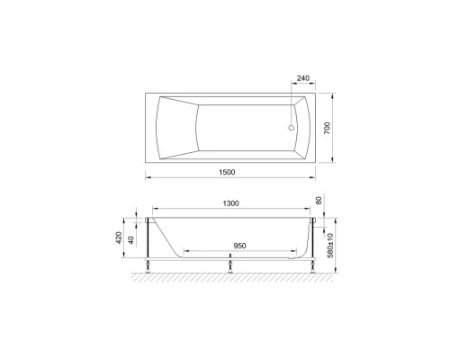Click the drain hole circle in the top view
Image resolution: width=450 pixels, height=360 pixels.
pyautogui.click(x=291, y=127)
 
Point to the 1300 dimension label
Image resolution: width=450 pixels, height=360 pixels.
pyautogui.click(x=230, y=204)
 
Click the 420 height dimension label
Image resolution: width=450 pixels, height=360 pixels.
pyautogui.click(x=121, y=239)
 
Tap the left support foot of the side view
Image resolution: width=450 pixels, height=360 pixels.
pyautogui.click(x=147, y=266)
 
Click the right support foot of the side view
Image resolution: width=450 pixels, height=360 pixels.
pyautogui.click(x=313, y=266)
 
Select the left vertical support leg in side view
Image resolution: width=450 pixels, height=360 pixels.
pyautogui.click(x=147, y=241)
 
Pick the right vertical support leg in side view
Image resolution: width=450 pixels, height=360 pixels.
pyautogui.click(x=313, y=241)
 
